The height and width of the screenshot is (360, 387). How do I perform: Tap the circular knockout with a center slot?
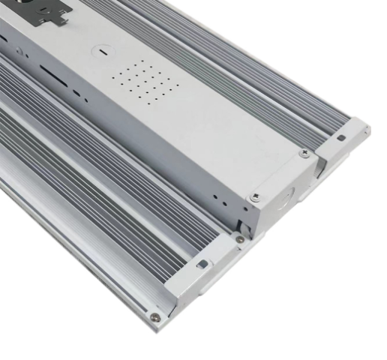coord(100,52)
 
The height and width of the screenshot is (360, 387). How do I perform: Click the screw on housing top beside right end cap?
coord(304,154)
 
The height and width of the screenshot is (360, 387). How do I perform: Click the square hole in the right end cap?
coord(341,137)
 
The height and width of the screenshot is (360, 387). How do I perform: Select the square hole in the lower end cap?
coord(202,263)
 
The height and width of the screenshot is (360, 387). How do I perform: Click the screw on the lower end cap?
coord(239,240)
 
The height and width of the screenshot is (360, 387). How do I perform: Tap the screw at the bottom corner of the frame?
coord(156,317)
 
